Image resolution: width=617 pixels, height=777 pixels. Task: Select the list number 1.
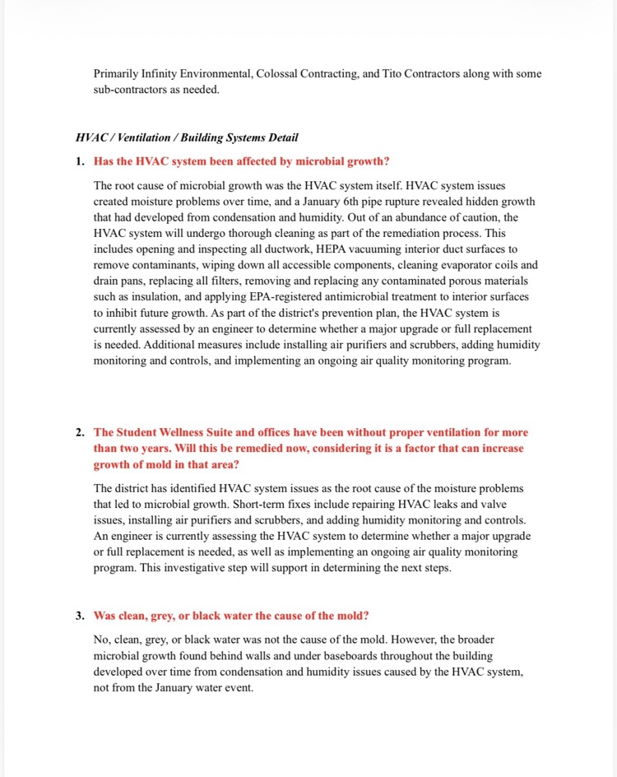[79, 161]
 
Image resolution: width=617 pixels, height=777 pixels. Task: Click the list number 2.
[79, 432]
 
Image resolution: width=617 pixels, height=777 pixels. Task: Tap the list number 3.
[79, 616]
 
